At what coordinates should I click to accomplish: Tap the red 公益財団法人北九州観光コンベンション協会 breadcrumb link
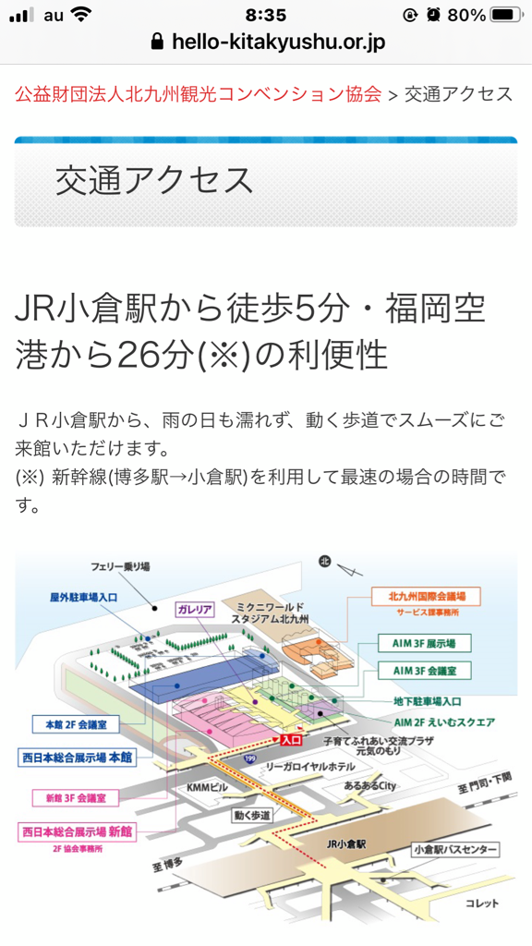[x=199, y=94]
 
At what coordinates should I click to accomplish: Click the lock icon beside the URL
[x=157, y=41]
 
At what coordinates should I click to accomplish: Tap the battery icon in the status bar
[x=506, y=15]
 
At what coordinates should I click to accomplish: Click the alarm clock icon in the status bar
[x=433, y=15]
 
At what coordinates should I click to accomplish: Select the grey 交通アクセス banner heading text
[x=154, y=180]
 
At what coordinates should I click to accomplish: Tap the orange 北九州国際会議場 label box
[x=427, y=597]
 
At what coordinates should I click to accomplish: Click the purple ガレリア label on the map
[x=194, y=610]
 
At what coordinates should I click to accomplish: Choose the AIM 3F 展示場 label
[x=423, y=644]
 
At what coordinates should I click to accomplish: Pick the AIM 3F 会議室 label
[x=423, y=671]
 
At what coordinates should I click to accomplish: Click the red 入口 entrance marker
[x=291, y=740]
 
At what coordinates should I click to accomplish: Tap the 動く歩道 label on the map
[x=253, y=816]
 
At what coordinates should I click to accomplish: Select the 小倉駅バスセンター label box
[x=456, y=850]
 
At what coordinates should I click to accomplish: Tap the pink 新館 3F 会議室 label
[x=76, y=797]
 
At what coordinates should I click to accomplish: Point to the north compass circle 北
[x=325, y=563]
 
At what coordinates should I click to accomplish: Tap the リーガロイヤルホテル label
[x=310, y=766]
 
